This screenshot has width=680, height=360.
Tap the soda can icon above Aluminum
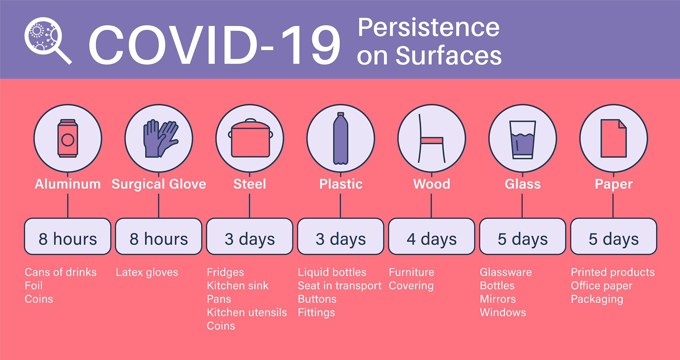pyautogui.click(x=68, y=138)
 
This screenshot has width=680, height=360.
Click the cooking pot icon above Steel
pyautogui.click(x=250, y=138)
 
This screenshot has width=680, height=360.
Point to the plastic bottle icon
pyautogui.click(x=341, y=138)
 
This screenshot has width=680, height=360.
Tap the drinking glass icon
pyautogui.click(x=523, y=140)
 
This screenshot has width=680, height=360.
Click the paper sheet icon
pyautogui.click(x=614, y=138)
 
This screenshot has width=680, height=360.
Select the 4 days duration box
pyautogui.click(x=432, y=236)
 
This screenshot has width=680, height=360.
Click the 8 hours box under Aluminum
pyautogui.click(x=68, y=236)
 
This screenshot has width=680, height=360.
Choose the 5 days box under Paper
pyautogui.click(x=614, y=236)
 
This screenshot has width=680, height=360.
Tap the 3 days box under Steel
pyautogui.click(x=250, y=236)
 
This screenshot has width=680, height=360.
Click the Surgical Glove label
pyautogui.click(x=159, y=184)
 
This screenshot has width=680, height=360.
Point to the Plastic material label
pyautogui.click(x=341, y=184)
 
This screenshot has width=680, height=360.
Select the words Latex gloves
pyautogui.click(x=147, y=272)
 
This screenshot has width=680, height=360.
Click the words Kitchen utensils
pyautogui.click(x=247, y=313)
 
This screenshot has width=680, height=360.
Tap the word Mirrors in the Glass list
pyautogui.click(x=498, y=299)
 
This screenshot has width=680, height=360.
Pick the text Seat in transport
pyautogui.click(x=340, y=286)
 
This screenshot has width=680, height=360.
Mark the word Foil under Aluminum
pyautogui.click(x=34, y=286)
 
